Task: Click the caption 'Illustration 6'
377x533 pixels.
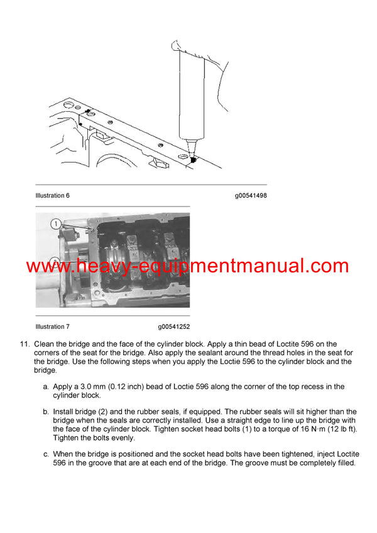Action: point(52,196)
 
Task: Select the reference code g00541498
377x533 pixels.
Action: point(251,196)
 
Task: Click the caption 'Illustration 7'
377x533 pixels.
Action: point(52,327)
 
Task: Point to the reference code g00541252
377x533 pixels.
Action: point(174,327)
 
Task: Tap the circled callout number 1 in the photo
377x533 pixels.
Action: point(55,223)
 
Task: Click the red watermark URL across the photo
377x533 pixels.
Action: point(187,266)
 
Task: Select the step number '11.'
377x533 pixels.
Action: point(25,344)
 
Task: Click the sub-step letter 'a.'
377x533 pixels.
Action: point(46,387)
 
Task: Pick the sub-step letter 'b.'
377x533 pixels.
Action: point(46,412)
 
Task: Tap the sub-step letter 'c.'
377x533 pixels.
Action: point(46,454)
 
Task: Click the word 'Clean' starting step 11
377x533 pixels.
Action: point(45,344)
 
